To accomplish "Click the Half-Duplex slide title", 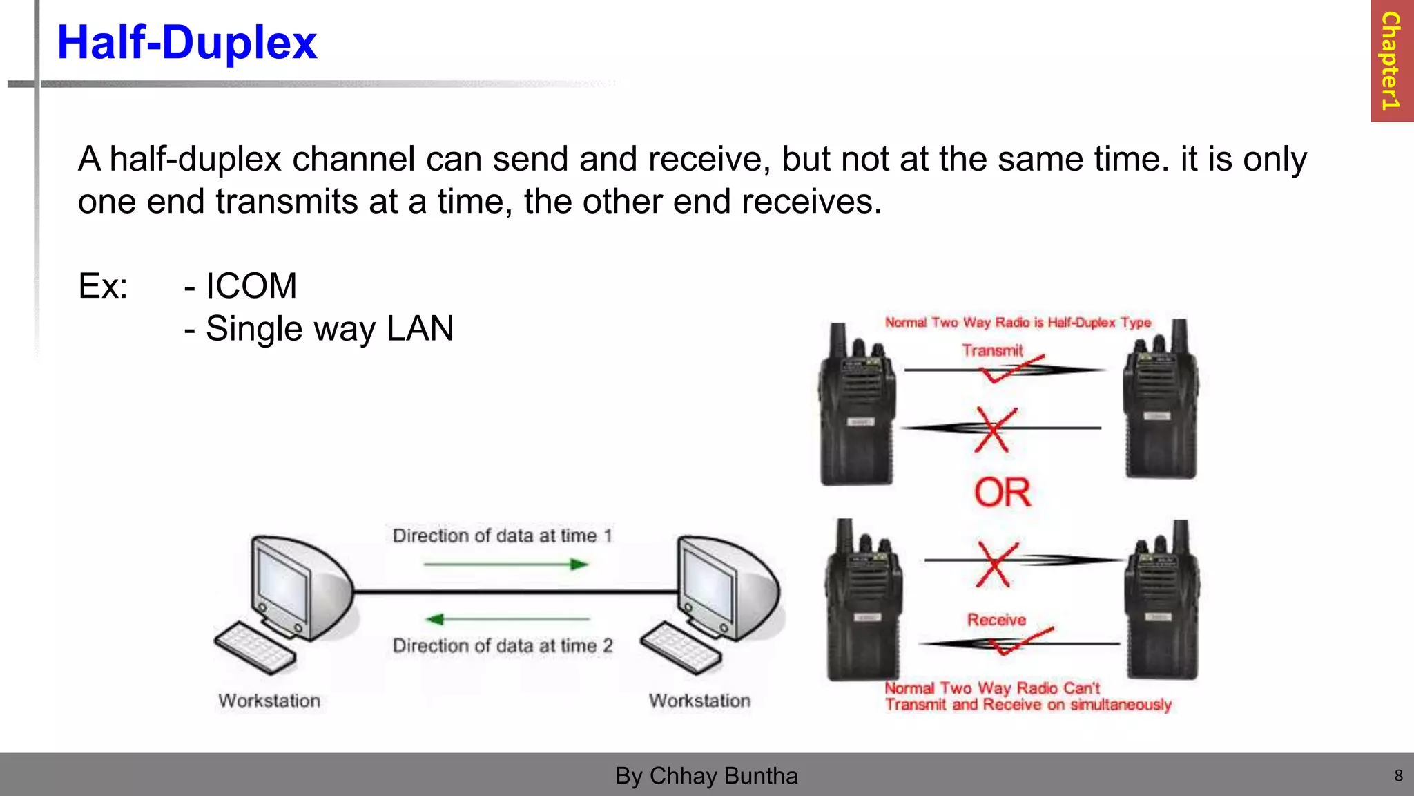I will point(186,43).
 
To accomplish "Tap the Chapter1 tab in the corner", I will point(1391,61).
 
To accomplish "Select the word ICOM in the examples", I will point(251,286).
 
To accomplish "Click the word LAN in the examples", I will point(420,329).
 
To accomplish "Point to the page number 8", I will point(1398,775).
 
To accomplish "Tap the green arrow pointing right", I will point(506,565).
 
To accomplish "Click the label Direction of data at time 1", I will point(502,536).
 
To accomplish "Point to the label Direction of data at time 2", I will point(502,645).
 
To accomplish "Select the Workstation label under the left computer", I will point(269,701).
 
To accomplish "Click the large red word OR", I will point(1003,493).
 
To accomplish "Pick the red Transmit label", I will point(992,350).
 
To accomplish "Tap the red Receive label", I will point(996,620).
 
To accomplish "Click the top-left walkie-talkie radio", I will point(857,408).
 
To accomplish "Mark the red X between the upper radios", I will point(993,429).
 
